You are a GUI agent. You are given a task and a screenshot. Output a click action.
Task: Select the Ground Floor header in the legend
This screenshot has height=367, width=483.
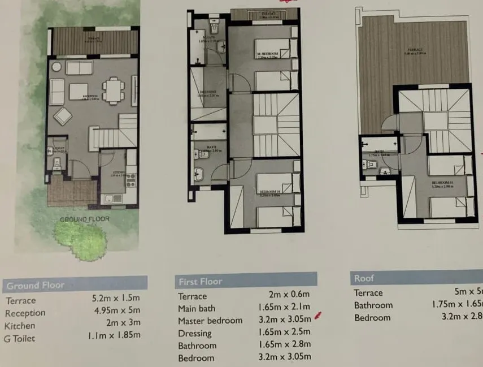(35, 285)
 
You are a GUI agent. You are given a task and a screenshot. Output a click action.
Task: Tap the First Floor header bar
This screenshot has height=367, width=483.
(201, 281)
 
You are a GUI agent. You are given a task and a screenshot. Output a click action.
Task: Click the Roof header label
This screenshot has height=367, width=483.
(364, 278)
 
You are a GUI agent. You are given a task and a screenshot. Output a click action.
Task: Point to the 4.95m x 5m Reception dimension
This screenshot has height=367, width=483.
(115, 310)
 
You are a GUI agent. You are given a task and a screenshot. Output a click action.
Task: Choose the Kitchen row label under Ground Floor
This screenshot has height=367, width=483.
(20, 326)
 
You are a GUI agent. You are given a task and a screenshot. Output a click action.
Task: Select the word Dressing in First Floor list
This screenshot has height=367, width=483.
(195, 334)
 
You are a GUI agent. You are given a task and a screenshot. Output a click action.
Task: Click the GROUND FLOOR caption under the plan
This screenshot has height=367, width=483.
(85, 219)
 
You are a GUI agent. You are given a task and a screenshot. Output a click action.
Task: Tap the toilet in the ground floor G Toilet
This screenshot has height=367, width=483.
(56, 164)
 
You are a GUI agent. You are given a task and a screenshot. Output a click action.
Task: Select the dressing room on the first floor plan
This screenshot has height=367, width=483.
(208, 94)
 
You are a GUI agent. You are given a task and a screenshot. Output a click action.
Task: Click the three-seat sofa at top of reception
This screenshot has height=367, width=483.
(79, 67)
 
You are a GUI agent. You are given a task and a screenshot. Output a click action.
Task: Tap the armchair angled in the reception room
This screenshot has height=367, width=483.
(63, 116)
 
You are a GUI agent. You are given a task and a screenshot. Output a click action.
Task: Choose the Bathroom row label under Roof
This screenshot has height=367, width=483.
(373, 305)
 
